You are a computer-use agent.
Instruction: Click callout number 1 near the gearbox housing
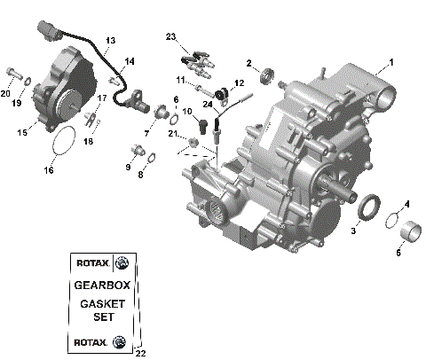coord(389,63)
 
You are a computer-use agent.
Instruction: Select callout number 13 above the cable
coord(110,41)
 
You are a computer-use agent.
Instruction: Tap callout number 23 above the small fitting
coord(171,36)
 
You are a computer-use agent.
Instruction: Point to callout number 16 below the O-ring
coord(50,169)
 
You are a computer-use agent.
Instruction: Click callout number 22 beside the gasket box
coord(139,353)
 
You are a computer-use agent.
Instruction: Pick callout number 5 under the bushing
coord(398,253)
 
